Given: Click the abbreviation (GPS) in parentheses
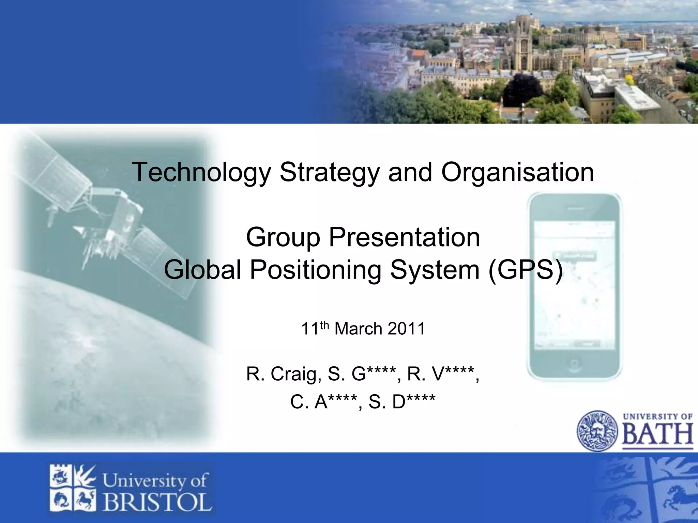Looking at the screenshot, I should tap(526, 270).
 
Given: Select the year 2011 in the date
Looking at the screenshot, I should tap(407, 329).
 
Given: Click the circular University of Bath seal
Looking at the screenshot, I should tap(597, 431).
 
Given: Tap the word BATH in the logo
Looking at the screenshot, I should tap(658, 434).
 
